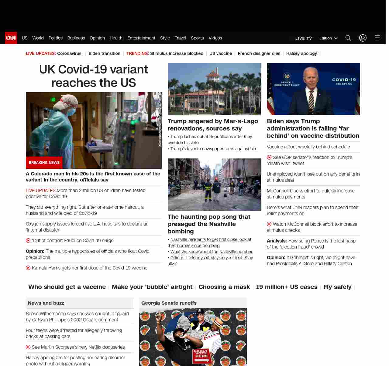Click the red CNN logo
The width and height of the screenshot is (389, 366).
point(11,38)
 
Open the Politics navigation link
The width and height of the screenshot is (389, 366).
point(55,38)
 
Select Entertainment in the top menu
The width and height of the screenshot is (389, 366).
point(141,38)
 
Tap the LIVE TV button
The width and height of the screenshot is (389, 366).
point(303,38)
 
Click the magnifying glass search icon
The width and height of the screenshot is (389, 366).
point(348,38)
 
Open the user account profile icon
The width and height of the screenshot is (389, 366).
point(363,38)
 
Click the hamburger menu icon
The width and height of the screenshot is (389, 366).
point(377,38)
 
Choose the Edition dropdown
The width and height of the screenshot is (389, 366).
point(328,38)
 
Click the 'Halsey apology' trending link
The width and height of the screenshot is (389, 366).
point(301,53)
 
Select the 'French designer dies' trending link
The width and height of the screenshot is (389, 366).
point(259,53)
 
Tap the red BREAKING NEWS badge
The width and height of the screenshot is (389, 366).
point(44,163)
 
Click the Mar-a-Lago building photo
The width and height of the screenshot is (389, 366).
point(214,89)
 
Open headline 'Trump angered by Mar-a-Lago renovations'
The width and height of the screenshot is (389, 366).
point(213,125)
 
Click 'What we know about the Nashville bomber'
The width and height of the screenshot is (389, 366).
point(211,252)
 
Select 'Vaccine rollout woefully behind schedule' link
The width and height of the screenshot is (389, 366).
point(308,147)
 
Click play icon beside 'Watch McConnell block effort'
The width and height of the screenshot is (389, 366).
point(269,224)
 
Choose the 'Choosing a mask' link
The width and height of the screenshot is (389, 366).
point(224,287)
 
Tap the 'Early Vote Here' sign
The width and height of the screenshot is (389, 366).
point(201,356)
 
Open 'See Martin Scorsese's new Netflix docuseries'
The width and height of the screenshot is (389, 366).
point(78,347)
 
